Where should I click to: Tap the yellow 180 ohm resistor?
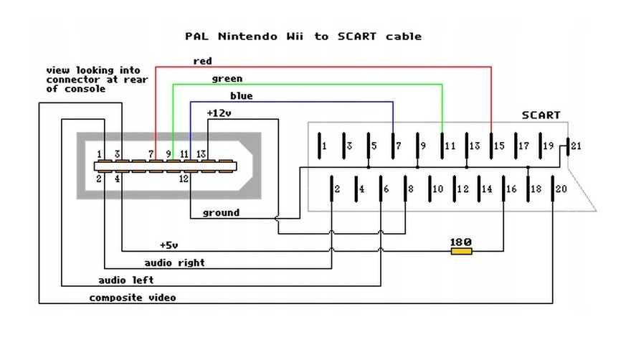coord(460,251)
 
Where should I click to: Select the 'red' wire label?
coord(202,61)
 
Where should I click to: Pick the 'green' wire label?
coord(227,78)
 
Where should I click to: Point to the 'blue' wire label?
coord(241,95)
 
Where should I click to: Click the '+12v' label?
coord(219,113)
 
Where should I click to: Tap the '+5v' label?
coord(169,245)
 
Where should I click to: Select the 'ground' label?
coord(221,212)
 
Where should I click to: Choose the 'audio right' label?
coord(174,262)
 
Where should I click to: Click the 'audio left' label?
coord(125,280)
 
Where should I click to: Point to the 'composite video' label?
coord(132,297)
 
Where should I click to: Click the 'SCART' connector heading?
coord(541,115)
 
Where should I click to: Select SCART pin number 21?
coord(576,146)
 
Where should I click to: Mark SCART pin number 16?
coord(511,189)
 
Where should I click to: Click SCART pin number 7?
coord(399,146)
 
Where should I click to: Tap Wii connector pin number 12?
coord(184,179)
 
